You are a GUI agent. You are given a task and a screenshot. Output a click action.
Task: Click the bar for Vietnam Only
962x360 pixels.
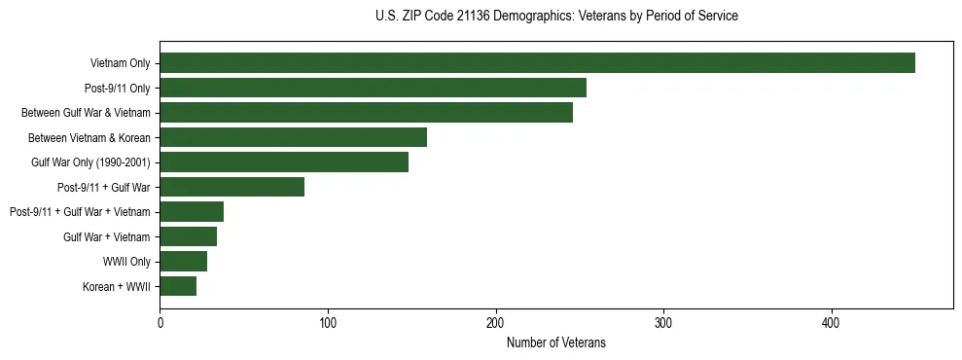pos(537,63)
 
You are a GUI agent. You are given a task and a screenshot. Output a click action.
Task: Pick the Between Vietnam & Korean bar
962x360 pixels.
pos(293,137)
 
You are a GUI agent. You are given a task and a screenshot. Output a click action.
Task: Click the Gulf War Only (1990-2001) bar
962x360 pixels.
pos(284,162)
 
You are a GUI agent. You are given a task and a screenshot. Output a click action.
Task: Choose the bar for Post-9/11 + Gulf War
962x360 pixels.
pos(232,187)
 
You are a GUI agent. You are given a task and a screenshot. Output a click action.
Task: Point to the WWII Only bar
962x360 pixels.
pos(183,261)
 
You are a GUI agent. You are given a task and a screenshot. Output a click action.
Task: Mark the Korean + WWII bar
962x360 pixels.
pos(178,286)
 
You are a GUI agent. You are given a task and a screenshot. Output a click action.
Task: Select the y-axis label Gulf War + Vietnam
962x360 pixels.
pos(106,236)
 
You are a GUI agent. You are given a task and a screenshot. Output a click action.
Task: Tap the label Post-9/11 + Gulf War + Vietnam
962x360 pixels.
pos(80,212)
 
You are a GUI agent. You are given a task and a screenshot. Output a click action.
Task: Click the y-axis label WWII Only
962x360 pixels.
pos(125,262)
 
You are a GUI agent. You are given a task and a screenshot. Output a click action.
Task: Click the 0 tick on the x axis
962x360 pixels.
pos(160,322)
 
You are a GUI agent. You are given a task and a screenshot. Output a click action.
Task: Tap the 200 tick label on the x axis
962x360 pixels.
pos(496,322)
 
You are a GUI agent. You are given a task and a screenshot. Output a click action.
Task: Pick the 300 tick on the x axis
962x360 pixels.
pos(663,322)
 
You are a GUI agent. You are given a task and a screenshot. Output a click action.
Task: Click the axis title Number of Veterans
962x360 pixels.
pos(555,342)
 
